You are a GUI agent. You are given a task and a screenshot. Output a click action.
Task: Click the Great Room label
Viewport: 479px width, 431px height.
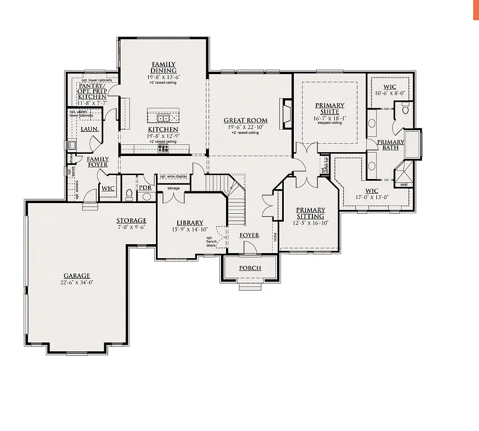[x=245, y=121]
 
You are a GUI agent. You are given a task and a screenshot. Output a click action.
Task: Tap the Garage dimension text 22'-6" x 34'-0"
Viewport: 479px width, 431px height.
[x=77, y=283]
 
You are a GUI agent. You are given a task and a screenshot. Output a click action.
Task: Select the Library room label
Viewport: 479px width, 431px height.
[x=190, y=223]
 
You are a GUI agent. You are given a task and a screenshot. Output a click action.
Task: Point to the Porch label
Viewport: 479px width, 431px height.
[x=250, y=268]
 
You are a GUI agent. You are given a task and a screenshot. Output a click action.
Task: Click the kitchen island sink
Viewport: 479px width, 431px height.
[x=163, y=118]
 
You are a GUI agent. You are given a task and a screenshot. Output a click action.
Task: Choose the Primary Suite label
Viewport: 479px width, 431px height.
[x=330, y=109]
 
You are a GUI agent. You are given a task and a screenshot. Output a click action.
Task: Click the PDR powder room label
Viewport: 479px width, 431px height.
[x=145, y=187]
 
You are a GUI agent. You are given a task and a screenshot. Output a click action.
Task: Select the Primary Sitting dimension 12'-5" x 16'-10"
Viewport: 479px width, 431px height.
[x=310, y=223]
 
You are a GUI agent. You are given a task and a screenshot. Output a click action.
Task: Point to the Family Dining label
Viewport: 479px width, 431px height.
[x=164, y=67]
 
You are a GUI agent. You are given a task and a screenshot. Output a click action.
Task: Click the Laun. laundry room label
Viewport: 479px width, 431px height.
[x=90, y=129]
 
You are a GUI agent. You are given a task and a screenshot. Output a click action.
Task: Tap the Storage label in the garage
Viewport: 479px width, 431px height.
[x=131, y=221]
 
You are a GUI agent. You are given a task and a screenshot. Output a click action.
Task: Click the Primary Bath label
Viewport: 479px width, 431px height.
[x=390, y=145]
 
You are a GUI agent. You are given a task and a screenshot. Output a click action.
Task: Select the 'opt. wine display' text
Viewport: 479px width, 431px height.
[x=173, y=176]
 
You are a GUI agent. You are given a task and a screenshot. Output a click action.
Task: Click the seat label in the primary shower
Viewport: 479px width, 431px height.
[x=403, y=184]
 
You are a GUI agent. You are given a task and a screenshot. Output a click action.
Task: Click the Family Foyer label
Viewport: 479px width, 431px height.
[x=98, y=162]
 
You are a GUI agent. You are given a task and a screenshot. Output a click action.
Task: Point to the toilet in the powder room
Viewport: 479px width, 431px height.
[x=129, y=195]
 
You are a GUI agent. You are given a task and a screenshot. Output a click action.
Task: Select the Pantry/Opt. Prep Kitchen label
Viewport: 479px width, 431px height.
[x=93, y=91]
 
